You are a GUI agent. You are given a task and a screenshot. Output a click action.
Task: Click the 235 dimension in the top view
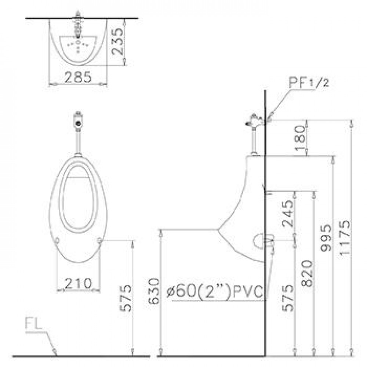tap(117, 41)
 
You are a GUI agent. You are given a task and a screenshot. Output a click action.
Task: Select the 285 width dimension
tap(78, 77)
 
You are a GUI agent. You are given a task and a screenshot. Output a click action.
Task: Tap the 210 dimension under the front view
tap(78, 283)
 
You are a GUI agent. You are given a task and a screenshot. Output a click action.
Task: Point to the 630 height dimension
tap(154, 291)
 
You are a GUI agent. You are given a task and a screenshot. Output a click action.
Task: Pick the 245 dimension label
tap(287, 214)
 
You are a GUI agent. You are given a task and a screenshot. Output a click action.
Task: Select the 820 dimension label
tap(307, 273)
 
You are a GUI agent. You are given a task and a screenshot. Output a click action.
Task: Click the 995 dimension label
tap(326, 238)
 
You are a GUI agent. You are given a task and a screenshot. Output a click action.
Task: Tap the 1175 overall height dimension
tap(345, 237)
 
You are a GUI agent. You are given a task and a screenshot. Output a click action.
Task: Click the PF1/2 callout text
tap(309, 82)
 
